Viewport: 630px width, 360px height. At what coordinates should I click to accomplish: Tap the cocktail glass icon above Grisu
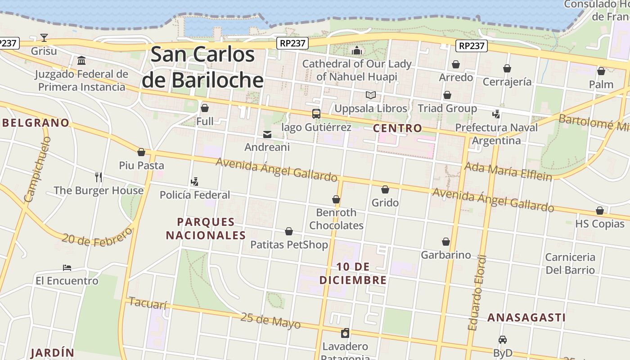(x=44, y=37)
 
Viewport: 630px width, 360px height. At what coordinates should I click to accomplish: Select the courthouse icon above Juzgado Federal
(x=81, y=60)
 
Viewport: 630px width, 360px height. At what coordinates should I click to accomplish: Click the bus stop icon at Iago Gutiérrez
(x=316, y=114)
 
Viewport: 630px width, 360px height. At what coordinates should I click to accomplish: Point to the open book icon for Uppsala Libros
(x=370, y=95)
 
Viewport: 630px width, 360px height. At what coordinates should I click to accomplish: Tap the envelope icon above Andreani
(x=267, y=134)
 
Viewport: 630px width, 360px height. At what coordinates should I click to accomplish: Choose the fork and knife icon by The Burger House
(x=99, y=177)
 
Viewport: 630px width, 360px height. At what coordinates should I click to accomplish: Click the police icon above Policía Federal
(x=194, y=182)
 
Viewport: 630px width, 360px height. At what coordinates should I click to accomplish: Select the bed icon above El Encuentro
(x=67, y=268)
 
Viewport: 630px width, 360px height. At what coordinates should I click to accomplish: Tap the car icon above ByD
(x=503, y=340)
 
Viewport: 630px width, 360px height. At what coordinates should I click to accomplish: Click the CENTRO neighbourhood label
(x=398, y=128)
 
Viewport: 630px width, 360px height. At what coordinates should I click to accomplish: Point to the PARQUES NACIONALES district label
(x=206, y=229)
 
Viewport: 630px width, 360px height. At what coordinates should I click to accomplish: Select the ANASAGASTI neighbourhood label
(x=526, y=318)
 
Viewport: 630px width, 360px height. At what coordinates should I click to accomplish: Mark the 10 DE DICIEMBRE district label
(x=353, y=274)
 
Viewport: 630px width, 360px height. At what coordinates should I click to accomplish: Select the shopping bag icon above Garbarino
(x=446, y=242)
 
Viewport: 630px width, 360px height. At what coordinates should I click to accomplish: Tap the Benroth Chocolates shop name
(x=336, y=219)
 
